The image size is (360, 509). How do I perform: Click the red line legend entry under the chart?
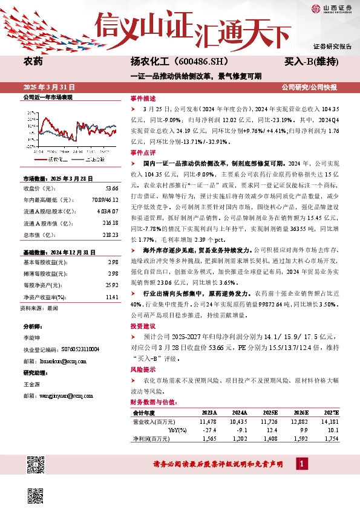click(51, 158)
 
